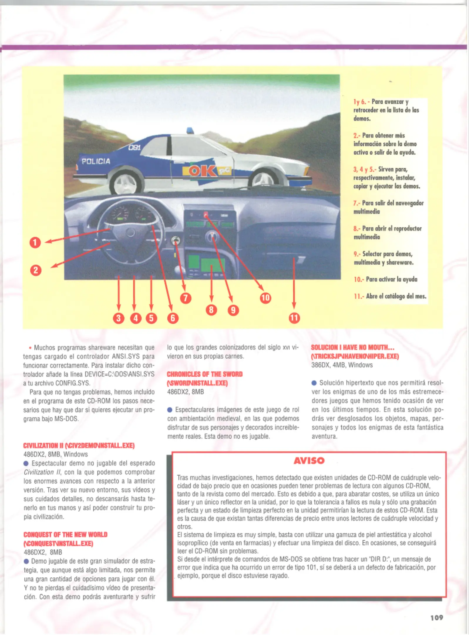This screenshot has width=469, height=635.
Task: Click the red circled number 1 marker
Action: (x=35, y=243)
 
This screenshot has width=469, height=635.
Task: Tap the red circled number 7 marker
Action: (x=186, y=298)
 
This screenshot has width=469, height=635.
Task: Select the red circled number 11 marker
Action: (x=294, y=318)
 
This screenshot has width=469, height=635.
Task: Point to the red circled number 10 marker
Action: (x=265, y=298)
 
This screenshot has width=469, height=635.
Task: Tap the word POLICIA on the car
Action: (x=96, y=161)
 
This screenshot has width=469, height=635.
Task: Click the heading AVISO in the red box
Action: (x=309, y=460)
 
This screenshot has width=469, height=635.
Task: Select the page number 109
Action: (x=437, y=618)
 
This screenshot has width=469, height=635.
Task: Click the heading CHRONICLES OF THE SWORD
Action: (x=205, y=374)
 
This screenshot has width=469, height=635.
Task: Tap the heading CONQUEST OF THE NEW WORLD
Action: (x=65, y=534)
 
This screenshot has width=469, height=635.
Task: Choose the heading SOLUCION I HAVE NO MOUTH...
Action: (x=352, y=347)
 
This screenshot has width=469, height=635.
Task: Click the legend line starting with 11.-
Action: (x=390, y=296)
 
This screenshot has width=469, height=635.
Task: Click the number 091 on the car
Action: (x=135, y=148)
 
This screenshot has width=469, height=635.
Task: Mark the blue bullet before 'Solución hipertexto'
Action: (x=314, y=383)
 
